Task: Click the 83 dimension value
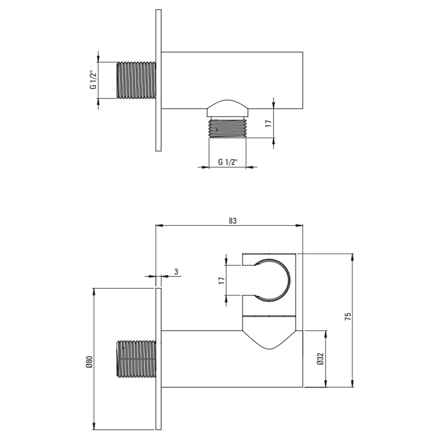point(233,221)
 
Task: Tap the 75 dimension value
point(348,316)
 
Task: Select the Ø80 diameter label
point(89,362)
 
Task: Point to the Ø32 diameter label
point(320,359)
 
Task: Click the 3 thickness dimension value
point(176,272)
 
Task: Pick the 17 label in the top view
point(268,123)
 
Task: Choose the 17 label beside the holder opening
point(221,280)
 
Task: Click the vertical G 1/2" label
point(93,80)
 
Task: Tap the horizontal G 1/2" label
point(228,162)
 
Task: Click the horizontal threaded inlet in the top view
point(136,80)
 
